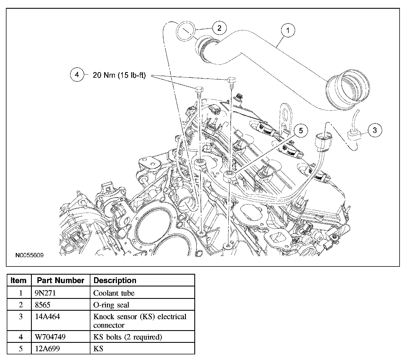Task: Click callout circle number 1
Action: click(x=288, y=30)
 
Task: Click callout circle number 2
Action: click(x=219, y=28)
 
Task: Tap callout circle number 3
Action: click(x=375, y=130)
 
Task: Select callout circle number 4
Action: click(x=77, y=75)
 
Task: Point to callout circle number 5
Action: click(x=301, y=131)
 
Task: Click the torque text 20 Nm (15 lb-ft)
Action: click(x=119, y=75)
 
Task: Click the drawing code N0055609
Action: click(x=30, y=255)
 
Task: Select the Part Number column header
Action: click(x=61, y=281)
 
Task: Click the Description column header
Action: click(x=115, y=281)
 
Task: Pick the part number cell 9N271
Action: click(x=45, y=293)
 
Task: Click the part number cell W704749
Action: click(x=50, y=337)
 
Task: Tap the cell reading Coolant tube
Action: click(x=114, y=293)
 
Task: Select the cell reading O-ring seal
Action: click(x=111, y=305)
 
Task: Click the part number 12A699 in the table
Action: click(x=47, y=348)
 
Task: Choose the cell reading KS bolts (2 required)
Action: click(x=128, y=337)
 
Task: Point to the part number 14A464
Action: click(x=47, y=316)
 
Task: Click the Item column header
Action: click(x=18, y=281)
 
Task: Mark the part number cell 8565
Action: click(x=43, y=305)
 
